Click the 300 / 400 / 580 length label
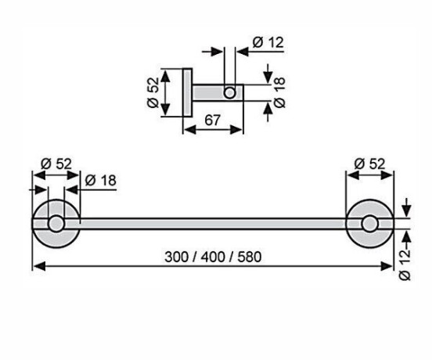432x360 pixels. click(x=213, y=257)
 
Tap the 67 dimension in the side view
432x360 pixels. click(x=213, y=121)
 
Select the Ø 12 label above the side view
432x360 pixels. click(x=268, y=43)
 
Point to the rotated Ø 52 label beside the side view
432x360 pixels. click(x=153, y=92)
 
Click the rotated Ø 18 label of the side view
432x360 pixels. click(x=279, y=92)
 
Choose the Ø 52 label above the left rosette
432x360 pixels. click(x=56, y=164)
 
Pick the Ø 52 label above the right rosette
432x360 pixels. click(x=369, y=164)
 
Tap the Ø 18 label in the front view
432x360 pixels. click(x=100, y=181)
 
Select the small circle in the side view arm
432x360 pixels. click(x=229, y=92)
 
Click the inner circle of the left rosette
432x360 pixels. click(x=56, y=223)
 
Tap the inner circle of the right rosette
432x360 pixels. click(x=369, y=224)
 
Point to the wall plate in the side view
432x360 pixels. click(x=187, y=92)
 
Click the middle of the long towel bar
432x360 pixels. click(x=213, y=223)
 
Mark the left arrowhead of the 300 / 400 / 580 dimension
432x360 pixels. click(x=39, y=266)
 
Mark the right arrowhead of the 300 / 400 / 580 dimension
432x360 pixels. click(x=387, y=266)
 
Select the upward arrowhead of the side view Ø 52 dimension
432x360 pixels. click(x=165, y=76)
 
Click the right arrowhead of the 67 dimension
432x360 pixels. click(x=236, y=129)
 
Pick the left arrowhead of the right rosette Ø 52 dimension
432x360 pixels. click(x=353, y=175)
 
